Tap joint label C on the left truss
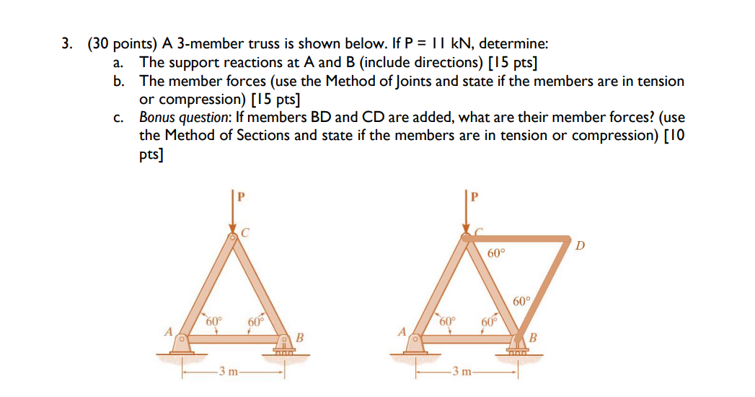tap(245, 232)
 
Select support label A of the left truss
tap(168, 333)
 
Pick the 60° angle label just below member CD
tap(496, 253)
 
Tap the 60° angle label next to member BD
tap(522, 301)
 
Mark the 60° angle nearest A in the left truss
tap(213, 321)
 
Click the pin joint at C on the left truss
tap(232, 237)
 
